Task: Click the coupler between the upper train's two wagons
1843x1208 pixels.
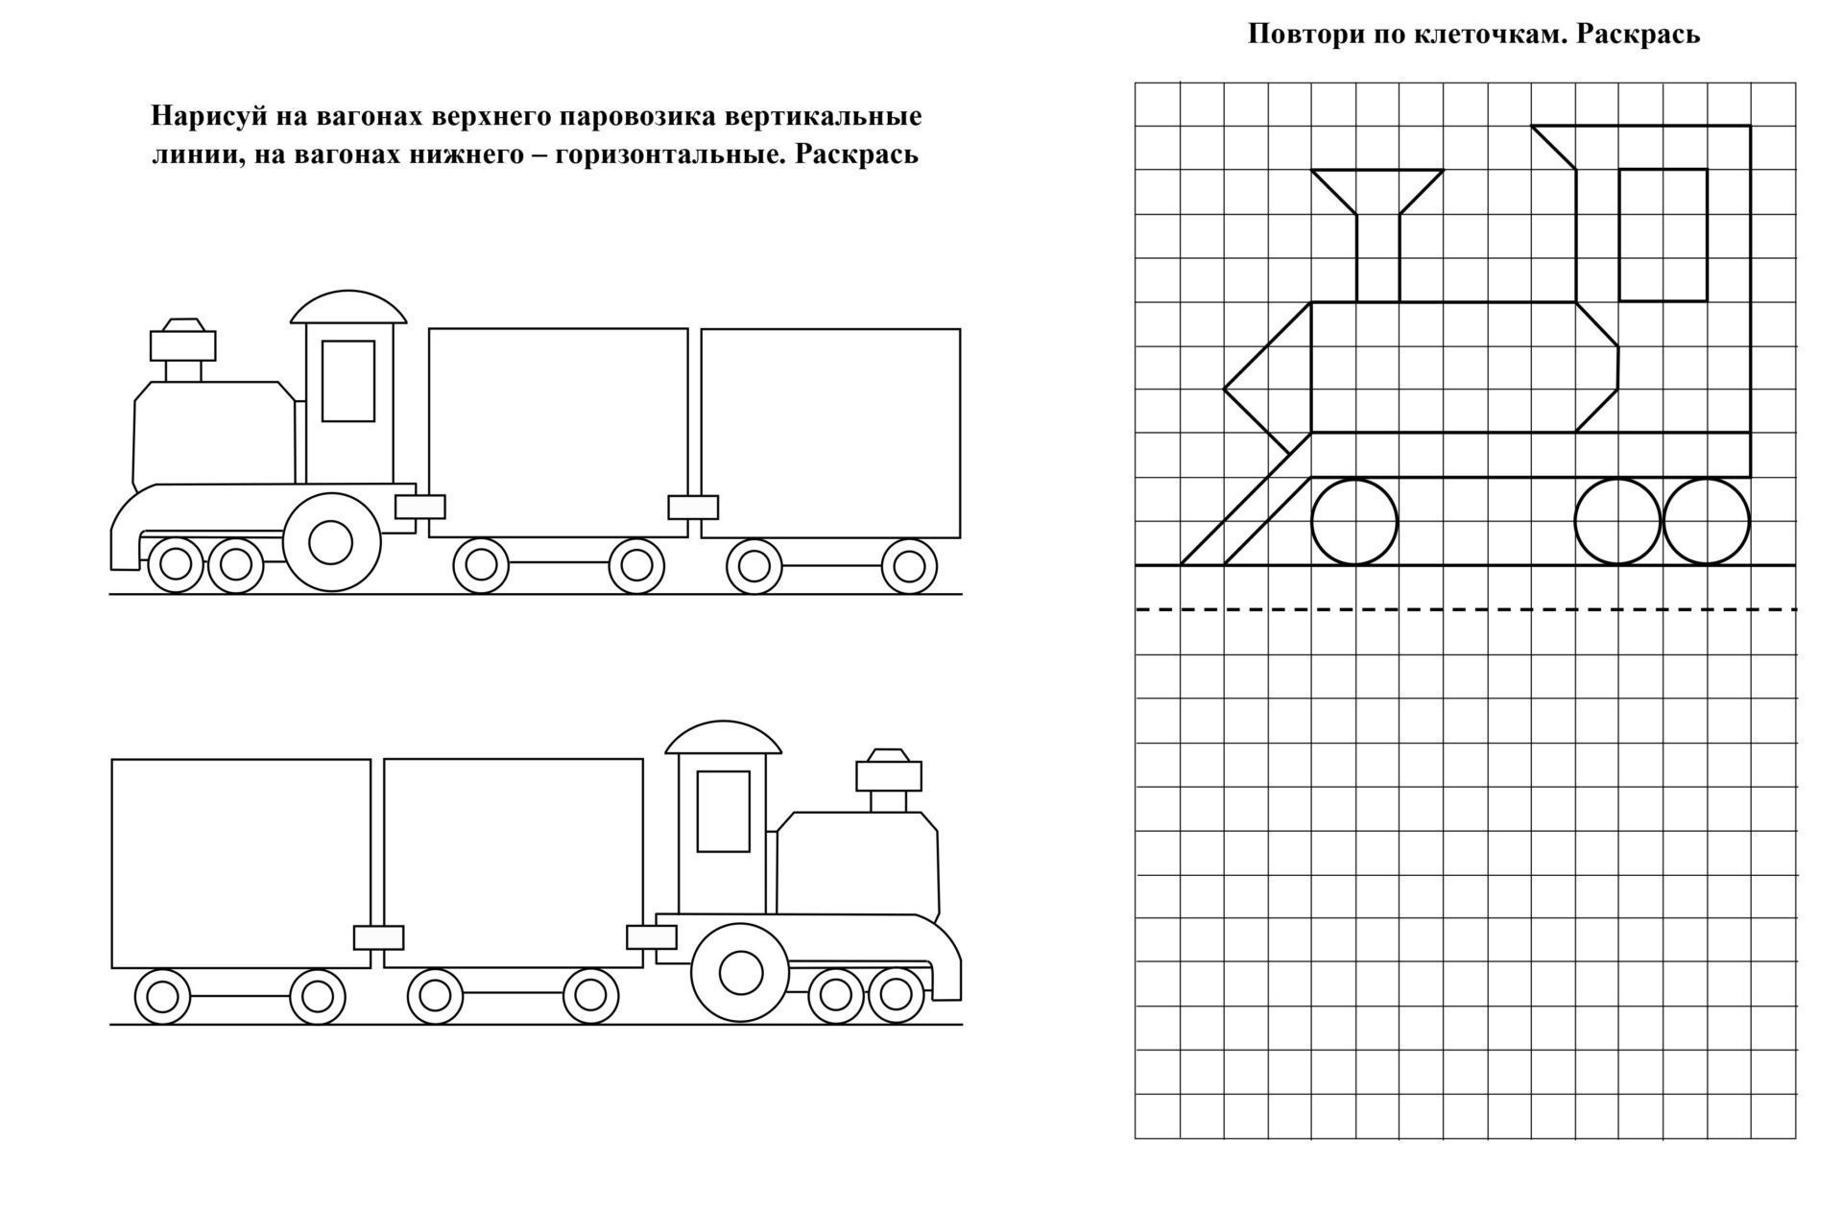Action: click(x=693, y=507)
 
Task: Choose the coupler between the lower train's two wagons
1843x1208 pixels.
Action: click(x=378, y=937)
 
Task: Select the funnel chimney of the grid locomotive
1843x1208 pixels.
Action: click(x=1377, y=236)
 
